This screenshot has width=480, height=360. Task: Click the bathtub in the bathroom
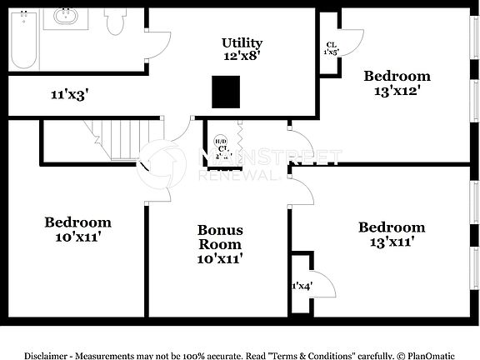23,40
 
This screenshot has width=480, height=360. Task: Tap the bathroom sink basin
64,16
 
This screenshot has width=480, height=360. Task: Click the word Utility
242,43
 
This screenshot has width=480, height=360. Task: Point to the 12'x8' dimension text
242,57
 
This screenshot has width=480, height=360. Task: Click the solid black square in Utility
226,91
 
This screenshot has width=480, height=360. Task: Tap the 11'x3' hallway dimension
70,96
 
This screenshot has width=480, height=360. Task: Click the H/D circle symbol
221,141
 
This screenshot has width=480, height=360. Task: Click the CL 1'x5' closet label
332,48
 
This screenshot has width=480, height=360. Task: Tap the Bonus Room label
220,237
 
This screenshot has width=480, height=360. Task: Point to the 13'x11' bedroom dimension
392,242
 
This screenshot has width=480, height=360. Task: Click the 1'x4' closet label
300,286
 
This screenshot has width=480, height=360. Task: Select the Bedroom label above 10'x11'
77,222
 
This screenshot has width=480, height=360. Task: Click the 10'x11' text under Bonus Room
220,258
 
